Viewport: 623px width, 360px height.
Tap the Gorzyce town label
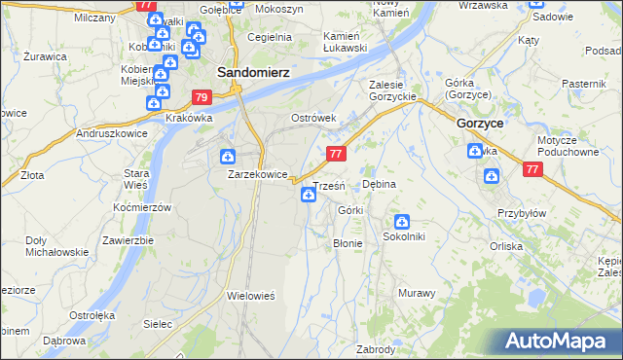click(x=479, y=124)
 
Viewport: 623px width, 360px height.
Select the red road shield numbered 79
click(x=202, y=97)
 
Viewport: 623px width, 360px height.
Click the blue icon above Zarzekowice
click(x=227, y=156)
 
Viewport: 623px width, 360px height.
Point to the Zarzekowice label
click(x=257, y=174)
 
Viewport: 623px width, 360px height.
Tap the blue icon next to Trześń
click(x=309, y=196)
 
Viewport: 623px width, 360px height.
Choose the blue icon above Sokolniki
click(x=401, y=222)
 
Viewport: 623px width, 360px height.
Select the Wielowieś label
click(x=252, y=295)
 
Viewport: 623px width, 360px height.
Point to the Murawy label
click(x=416, y=293)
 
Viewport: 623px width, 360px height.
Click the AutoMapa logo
click(x=556, y=342)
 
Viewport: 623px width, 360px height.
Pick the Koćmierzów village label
click(x=142, y=208)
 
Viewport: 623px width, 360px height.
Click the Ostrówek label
click(x=313, y=118)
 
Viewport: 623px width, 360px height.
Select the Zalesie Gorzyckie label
click(x=392, y=90)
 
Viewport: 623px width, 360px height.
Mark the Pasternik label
click(x=583, y=85)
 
